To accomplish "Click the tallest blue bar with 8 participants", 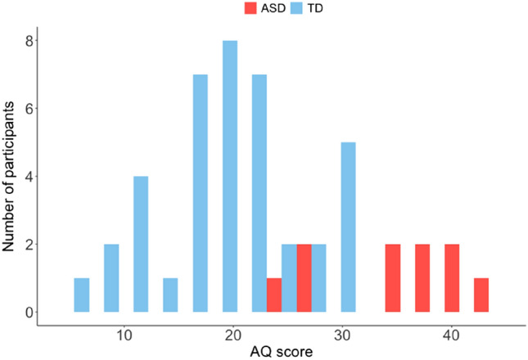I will [230, 176].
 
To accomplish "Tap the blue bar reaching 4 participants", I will [141, 244].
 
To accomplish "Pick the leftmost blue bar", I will [81, 295].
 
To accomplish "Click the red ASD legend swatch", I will [250, 10].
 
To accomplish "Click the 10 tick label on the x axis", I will [124, 334].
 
